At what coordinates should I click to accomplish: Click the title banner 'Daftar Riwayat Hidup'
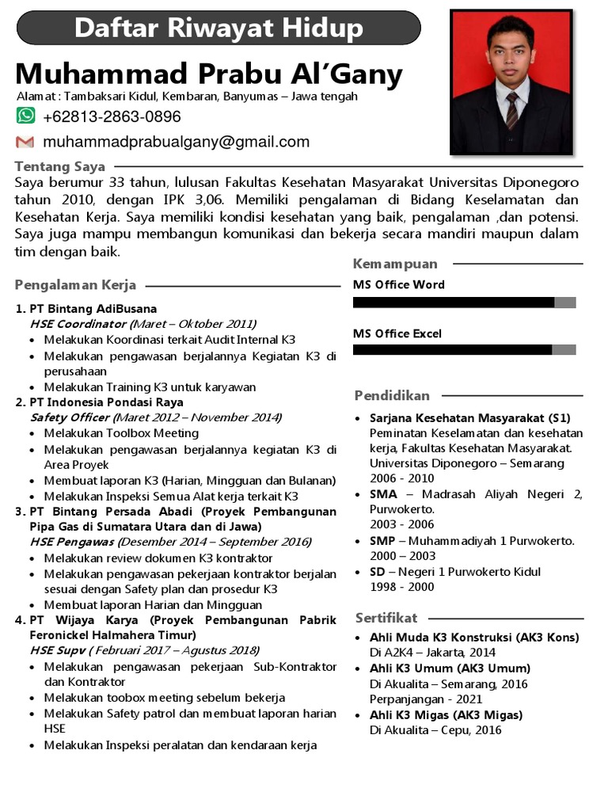pos(218,29)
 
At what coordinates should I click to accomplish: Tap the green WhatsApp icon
pos(26,116)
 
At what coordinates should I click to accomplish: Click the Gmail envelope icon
pos(25,143)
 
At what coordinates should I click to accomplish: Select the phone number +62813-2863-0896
pos(112,117)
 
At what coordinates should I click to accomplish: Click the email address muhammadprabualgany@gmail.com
pos(176,143)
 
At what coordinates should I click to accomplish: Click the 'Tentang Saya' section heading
pos(59,166)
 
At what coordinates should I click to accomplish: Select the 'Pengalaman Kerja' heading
pos(75,285)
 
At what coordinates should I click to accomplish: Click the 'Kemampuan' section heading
pos(395,264)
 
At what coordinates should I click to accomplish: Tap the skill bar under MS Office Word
pos(464,302)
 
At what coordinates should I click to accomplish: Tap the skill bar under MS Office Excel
pos(464,350)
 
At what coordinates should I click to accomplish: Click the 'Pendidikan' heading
pos(392,395)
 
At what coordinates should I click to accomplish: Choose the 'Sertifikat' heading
pos(386,618)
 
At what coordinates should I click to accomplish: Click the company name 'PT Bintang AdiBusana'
pos(93,308)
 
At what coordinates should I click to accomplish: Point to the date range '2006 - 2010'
pos(401,478)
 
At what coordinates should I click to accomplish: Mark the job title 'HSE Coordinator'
pos(78,324)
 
